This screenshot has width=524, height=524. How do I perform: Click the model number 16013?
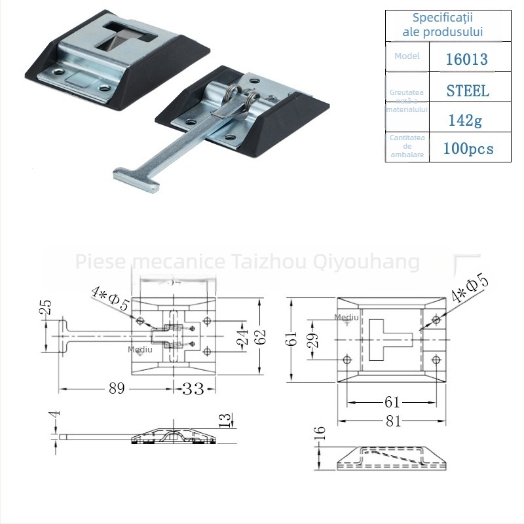click(466, 60)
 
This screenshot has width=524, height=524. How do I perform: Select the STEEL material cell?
click(468, 91)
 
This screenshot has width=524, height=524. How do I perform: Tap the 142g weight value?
click(466, 121)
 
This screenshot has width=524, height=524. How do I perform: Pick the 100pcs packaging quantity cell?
click(468, 149)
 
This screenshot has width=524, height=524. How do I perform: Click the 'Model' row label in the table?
click(407, 56)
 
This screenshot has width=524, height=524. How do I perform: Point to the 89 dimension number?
click(117, 389)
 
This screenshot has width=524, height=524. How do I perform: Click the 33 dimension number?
click(193, 389)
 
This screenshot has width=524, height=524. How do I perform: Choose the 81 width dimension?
click(392, 421)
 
